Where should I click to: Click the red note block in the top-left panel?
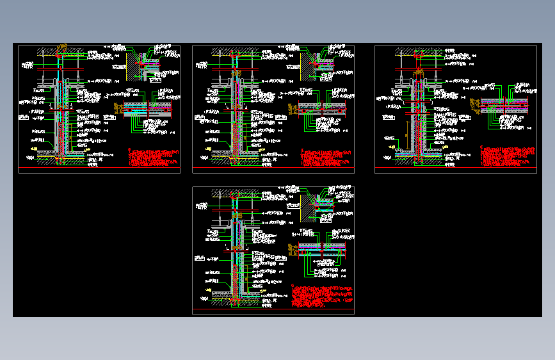tap(154, 158)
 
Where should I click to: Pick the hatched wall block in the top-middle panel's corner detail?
tap(307, 64)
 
